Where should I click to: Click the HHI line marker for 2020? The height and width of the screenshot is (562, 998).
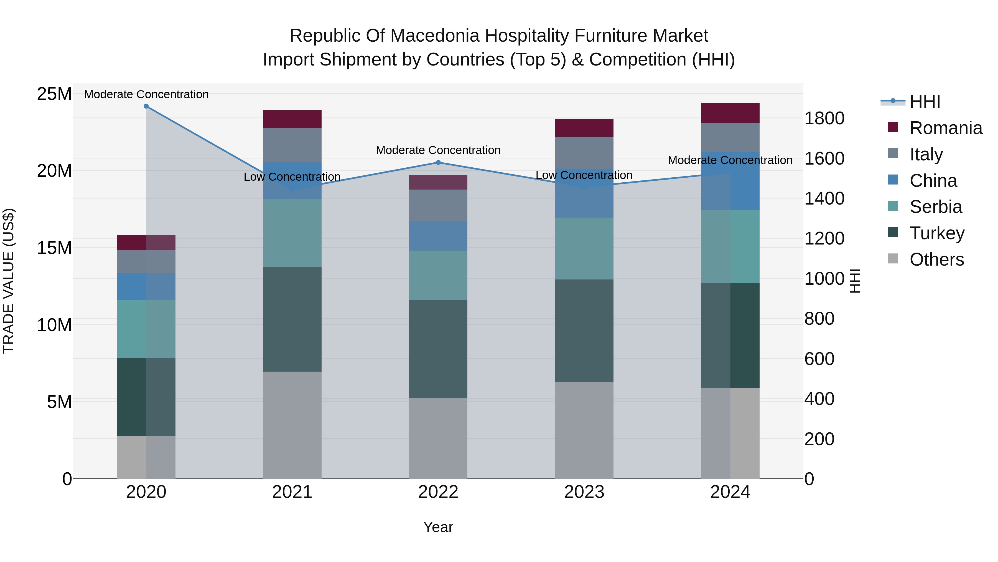click(x=146, y=106)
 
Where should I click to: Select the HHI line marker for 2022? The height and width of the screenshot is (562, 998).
click(x=438, y=163)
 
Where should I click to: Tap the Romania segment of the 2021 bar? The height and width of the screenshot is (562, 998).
click(x=292, y=119)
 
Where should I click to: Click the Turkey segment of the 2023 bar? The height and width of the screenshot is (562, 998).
click(x=584, y=331)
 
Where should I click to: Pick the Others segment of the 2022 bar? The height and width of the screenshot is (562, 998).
click(x=438, y=438)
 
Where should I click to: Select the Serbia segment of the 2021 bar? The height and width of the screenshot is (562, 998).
click(x=292, y=233)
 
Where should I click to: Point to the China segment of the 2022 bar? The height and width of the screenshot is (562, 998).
click(x=438, y=236)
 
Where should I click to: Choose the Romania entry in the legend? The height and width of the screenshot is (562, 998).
click(x=945, y=128)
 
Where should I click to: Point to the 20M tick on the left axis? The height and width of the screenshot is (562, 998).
click(x=54, y=171)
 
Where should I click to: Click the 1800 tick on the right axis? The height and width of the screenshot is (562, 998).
click(x=824, y=118)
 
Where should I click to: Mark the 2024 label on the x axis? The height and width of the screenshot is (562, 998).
click(x=730, y=492)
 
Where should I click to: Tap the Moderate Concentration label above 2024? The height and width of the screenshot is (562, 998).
click(x=730, y=160)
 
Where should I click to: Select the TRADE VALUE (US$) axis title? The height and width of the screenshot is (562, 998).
click(x=9, y=281)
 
